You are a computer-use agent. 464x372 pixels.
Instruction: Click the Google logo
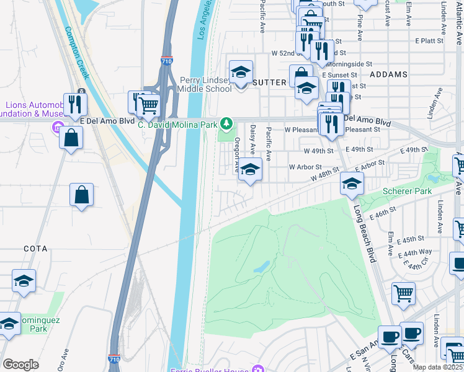(21, 365)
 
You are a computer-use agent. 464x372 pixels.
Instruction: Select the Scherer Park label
(407, 192)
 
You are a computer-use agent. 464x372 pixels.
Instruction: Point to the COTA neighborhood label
(35, 249)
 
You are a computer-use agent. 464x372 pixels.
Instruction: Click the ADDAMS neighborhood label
(388, 74)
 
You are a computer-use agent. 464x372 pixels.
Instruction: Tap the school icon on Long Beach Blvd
(352, 184)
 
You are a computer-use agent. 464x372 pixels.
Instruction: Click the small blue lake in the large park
(262, 267)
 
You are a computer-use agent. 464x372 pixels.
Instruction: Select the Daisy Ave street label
(252, 139)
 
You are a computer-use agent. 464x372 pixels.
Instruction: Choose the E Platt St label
(430, 40)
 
